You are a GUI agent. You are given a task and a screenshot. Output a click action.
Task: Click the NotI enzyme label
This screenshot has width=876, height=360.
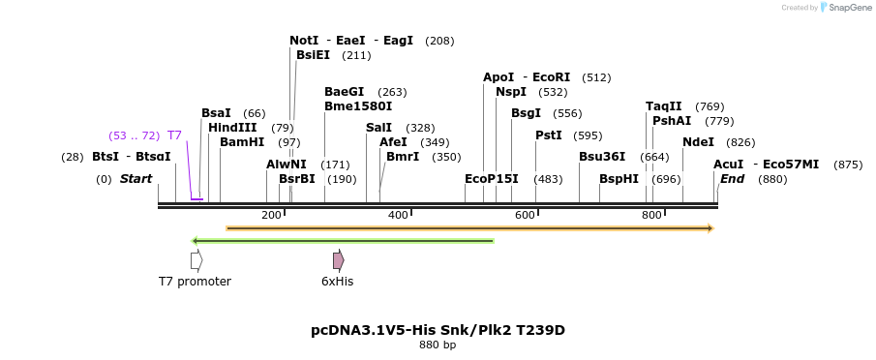pos(304,41)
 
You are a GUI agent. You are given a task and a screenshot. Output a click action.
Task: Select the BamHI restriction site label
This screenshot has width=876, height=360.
pos(242,142)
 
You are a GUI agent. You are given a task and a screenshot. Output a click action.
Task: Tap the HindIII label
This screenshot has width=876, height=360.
pos(232,128)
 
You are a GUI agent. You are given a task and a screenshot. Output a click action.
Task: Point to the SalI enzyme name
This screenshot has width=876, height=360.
pos(379,128)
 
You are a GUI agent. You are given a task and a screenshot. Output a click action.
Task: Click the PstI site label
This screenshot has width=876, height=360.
pos(549,135)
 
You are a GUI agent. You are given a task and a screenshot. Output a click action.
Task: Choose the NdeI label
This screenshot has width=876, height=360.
pos(698,142)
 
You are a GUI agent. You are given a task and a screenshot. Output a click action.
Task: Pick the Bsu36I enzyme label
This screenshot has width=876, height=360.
pos(602,157)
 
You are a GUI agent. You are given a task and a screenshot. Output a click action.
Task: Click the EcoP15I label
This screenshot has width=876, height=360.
pos(492,179)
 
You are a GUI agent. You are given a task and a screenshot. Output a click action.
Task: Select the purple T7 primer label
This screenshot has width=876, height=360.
pos(174,135)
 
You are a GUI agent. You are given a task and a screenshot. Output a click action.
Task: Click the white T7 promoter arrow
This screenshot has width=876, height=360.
pos(196,260)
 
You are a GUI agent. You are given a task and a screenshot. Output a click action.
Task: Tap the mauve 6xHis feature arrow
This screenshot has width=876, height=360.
pos(339,260)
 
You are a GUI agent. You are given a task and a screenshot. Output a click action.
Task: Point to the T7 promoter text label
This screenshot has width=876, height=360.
pos(196,282)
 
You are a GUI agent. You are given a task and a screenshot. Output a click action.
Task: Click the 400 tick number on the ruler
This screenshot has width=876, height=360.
pos(398,215)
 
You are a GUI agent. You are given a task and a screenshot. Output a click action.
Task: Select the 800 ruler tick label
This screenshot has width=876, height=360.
pos(651,215)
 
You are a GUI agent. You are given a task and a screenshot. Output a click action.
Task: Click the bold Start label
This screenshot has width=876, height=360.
pos(136,179)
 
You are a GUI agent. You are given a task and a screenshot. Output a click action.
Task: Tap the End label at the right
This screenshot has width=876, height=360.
pos(733,179)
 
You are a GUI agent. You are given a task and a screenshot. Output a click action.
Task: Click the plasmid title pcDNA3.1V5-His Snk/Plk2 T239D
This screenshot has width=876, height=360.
pos(438,330)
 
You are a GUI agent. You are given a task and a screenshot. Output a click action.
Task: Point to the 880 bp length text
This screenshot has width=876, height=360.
pos(438,345)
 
